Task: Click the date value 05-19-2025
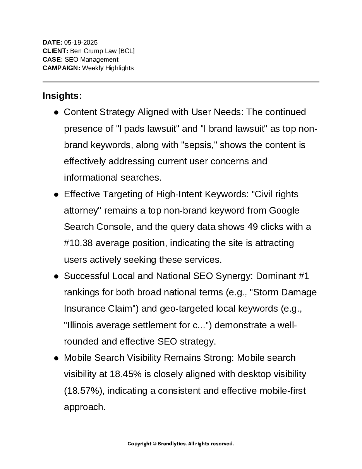coord(81,43)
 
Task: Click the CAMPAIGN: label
coord(61,68)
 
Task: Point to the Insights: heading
coord(62,96)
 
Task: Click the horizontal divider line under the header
coord(181,82)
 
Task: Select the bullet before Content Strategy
coord(56,112)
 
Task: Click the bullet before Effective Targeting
coord(56,195)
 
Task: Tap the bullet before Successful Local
coord(56,276)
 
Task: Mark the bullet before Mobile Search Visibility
coord(56,358)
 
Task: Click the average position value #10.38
coord(78,243)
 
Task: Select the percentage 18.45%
coord(124,374)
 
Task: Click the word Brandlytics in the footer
coord(172,444)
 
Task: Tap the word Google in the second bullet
coord(284,210)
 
